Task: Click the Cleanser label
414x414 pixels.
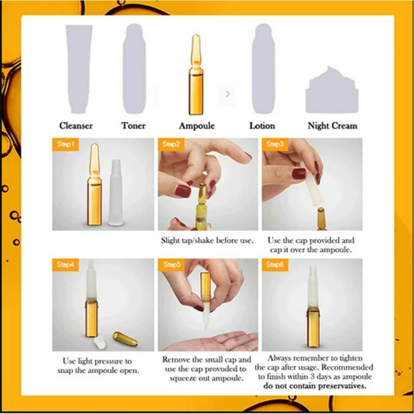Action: click(x=76, y=126)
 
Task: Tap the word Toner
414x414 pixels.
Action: click(x=134, y=126)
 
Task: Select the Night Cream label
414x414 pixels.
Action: click(x=332, y=126)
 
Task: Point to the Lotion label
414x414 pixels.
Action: click(x=262, y=126)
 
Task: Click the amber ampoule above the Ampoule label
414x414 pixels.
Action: click(x=196, y=75)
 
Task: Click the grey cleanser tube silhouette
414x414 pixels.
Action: click(x=79, y=69)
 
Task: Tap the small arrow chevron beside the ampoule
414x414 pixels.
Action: click(x=228, y=94)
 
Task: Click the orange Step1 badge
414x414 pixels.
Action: click(x=66, y=144)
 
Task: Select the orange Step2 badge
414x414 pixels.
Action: click(x=171, y=144)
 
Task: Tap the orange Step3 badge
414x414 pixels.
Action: click(x=275, y=144)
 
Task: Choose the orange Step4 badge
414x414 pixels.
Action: click(x=66, y=264)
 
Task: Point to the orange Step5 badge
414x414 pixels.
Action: click(x=171, y=264)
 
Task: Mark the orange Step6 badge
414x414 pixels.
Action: click(x=275, y=264)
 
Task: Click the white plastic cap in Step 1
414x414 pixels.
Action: click(x=115, y=193)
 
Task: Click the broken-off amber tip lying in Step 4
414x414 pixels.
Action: click(x=125, y=339)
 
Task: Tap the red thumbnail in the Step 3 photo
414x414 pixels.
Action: click(x=299, y=174)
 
